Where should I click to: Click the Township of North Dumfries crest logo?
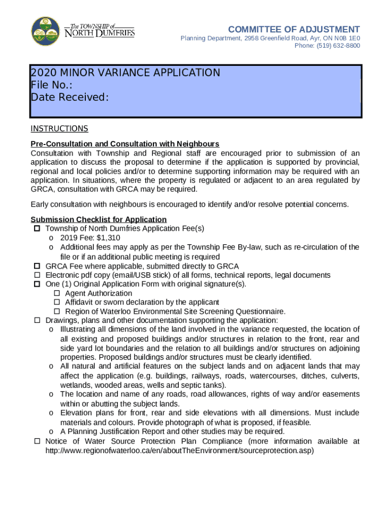coord(46,31)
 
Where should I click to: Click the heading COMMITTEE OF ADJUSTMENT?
coord(294,29)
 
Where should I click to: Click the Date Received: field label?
coord(70,97)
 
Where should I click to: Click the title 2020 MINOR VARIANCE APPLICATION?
coord(125,72)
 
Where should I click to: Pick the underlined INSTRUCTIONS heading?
coord(59,128)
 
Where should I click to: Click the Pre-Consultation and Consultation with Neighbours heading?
coord(124,144)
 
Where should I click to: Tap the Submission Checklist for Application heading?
coord(99,219)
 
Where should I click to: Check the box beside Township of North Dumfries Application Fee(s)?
coord(37,229)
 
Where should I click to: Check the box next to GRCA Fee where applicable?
coord(37,266)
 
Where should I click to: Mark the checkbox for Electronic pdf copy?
coord(37,275)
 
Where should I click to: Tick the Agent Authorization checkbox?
coord(57,293)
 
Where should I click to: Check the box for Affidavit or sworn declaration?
coord(57,303)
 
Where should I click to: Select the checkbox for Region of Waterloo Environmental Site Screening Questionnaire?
coord(57,312)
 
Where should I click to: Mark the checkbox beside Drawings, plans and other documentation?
coord(37,321)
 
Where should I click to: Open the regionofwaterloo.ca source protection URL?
coord(180,451)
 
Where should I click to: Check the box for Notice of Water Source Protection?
coord(37,441)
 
